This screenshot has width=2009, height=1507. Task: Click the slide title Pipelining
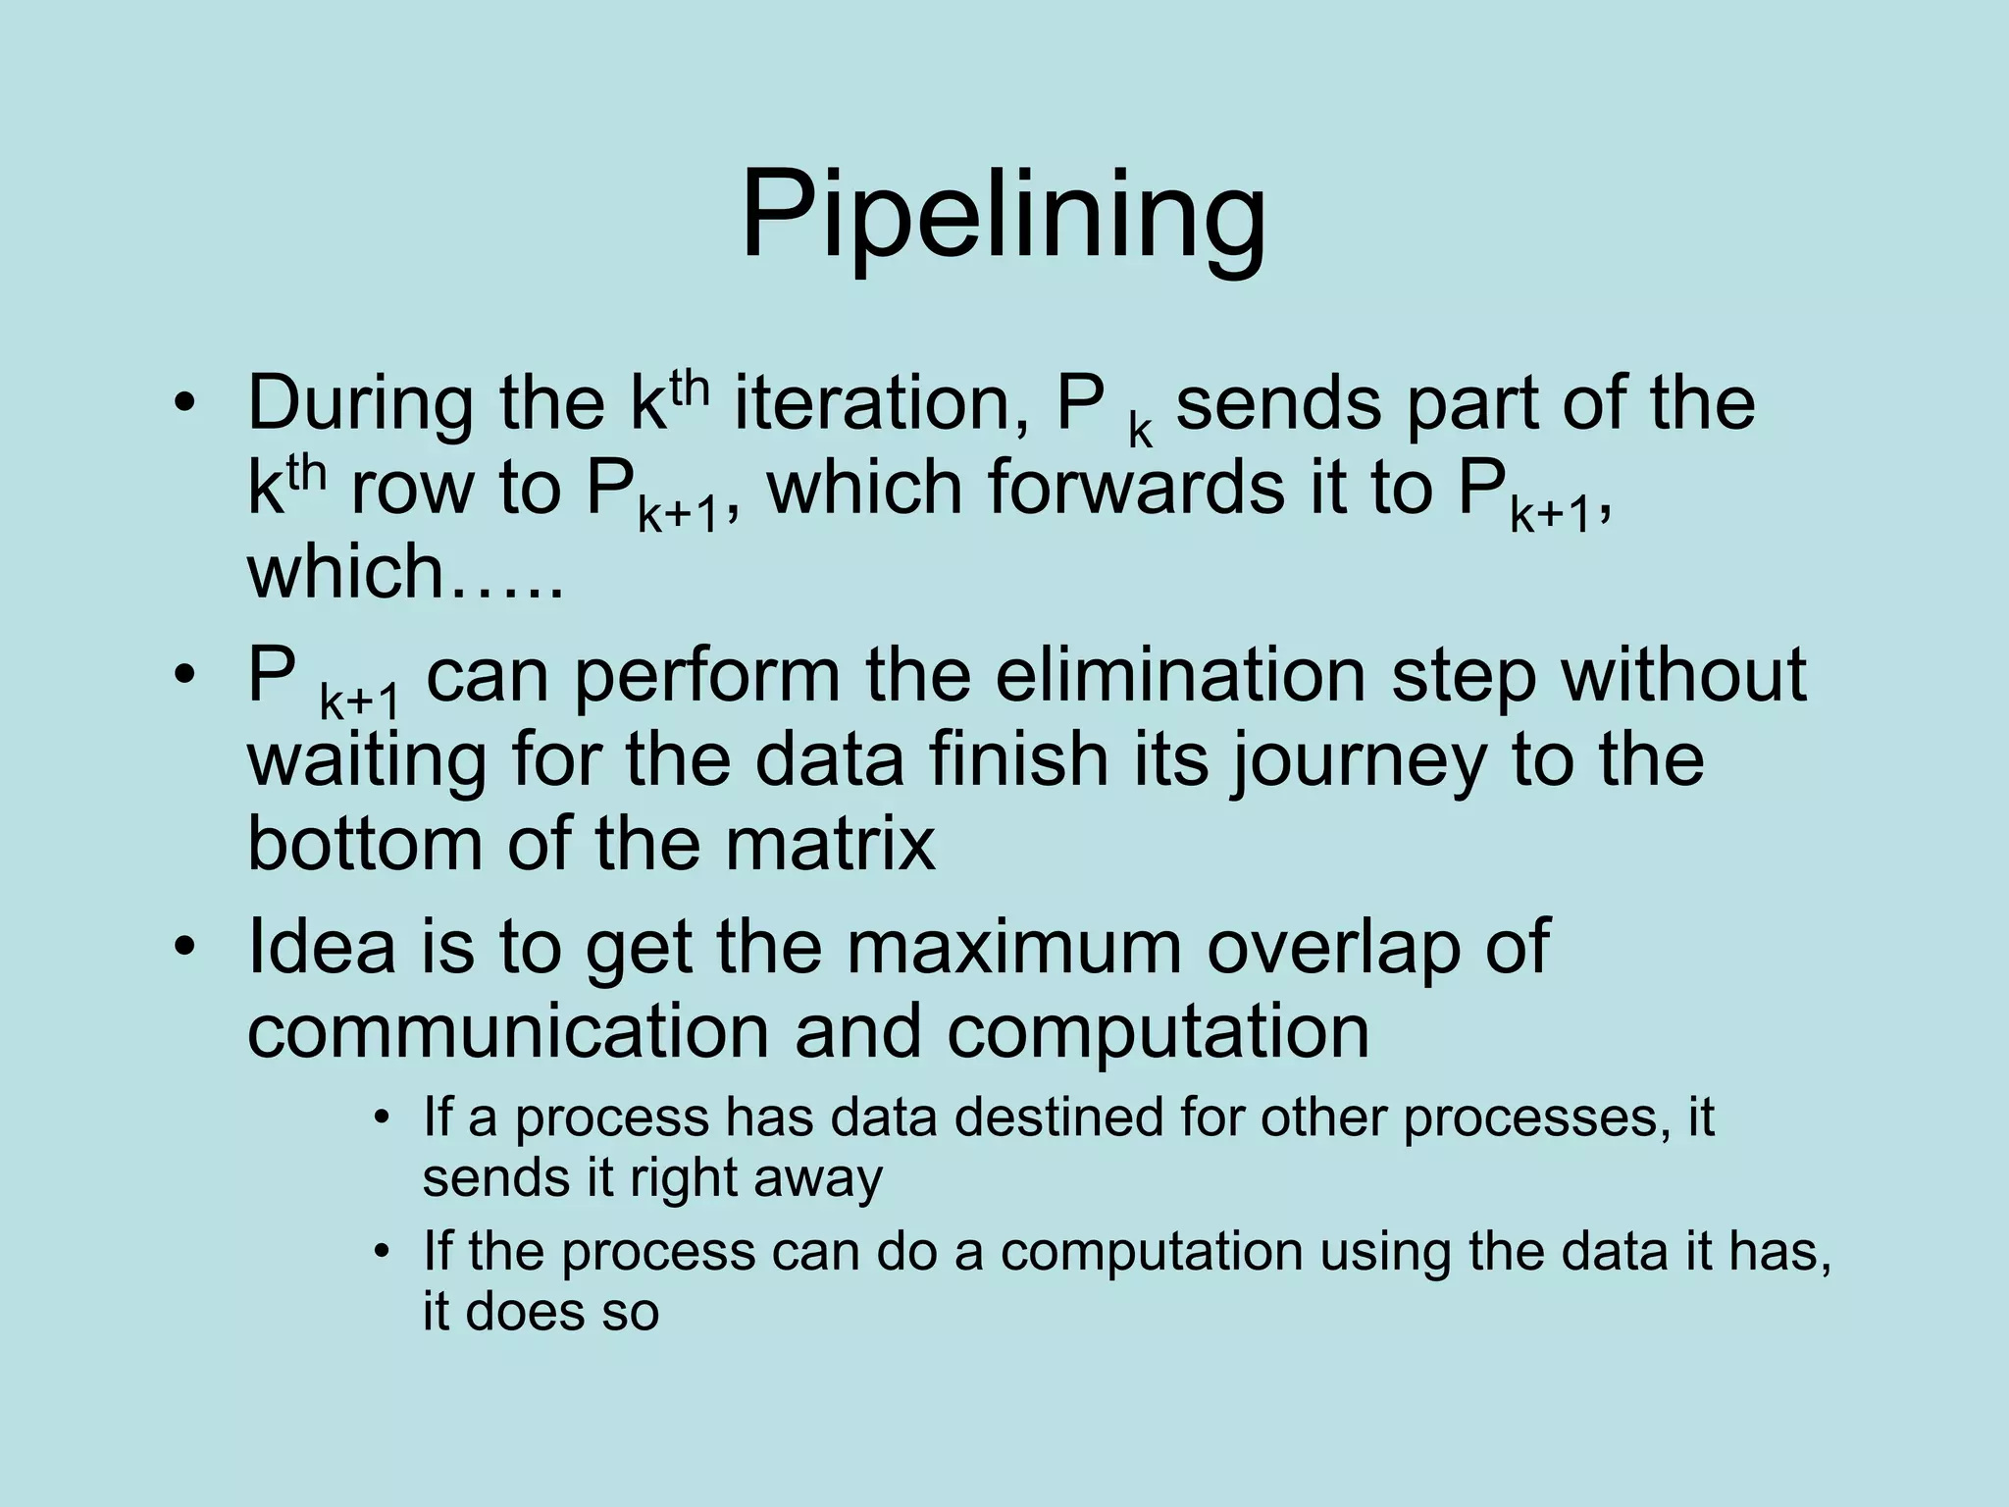pos(1003,216)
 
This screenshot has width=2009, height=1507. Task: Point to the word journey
pos(1358,761)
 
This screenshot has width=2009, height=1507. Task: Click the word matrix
pos(830,844)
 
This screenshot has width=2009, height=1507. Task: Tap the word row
pos(413,489)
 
